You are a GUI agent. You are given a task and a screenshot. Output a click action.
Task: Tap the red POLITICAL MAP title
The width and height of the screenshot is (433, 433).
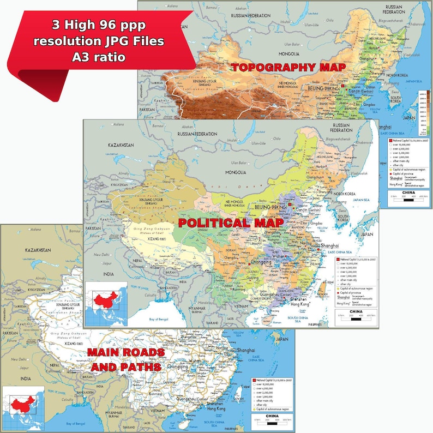(x=231, y=223)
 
